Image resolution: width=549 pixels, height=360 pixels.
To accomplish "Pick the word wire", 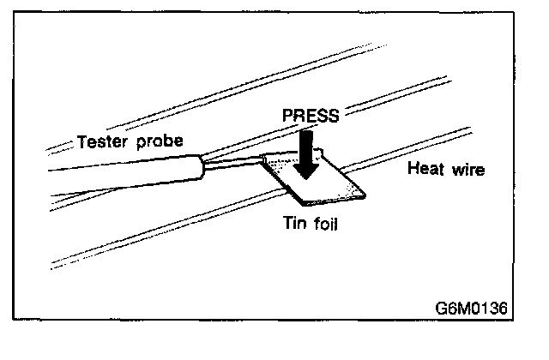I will point(468,170).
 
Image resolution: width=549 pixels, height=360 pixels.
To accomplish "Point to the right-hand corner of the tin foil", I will point(367,194).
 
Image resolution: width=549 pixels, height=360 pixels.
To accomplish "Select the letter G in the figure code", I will point(441,306).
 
